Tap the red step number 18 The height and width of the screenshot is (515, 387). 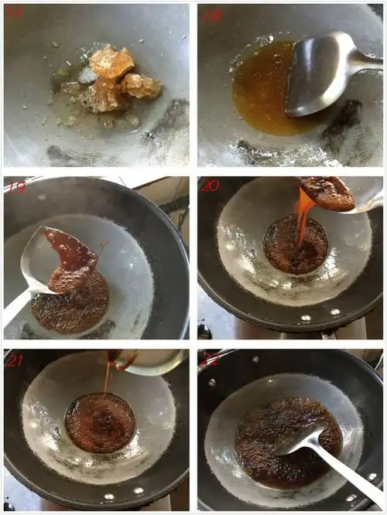point(211,15)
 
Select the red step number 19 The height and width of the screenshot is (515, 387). point(17,187)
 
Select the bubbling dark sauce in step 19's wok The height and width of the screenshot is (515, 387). point(74,309)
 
